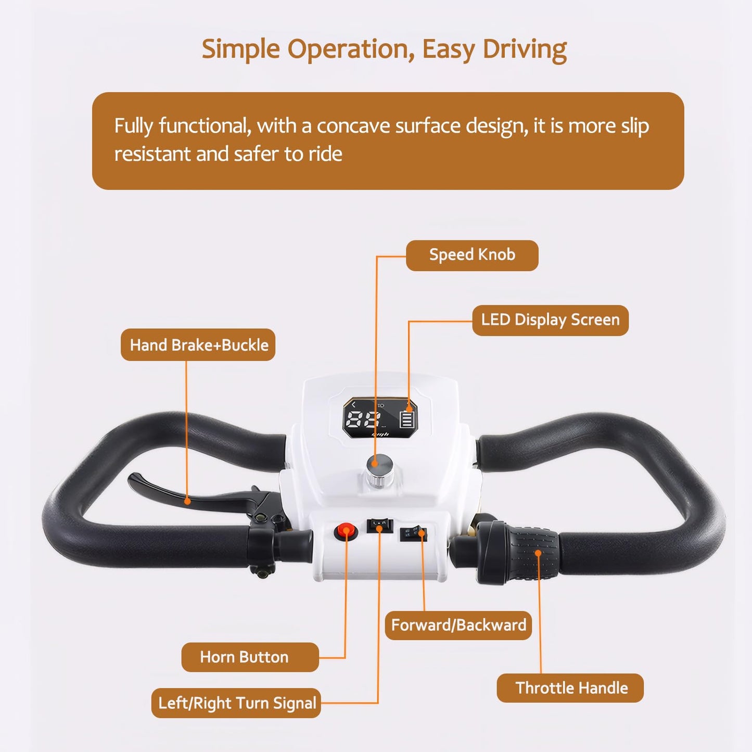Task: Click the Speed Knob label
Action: [472, 255]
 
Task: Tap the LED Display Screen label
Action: [550, 320]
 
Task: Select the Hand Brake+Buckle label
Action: [198, 345]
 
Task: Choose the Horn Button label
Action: [250, 657]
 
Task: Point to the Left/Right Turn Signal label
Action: [236, 703]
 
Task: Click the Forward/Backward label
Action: [458, 625]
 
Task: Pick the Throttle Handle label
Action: [570, 687]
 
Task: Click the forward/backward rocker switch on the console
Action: [414, 533]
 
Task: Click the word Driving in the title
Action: [525, 50]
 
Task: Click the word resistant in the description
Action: [152, 154]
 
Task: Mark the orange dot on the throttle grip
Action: [538, 553]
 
